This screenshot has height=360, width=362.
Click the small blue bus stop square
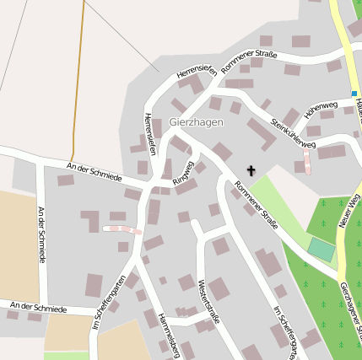click(354, 94)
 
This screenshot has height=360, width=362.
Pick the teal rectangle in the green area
click(321, 249)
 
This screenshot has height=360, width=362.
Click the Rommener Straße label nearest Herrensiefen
click(248, 59)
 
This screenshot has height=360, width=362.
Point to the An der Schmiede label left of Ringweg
click(95, 172)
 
